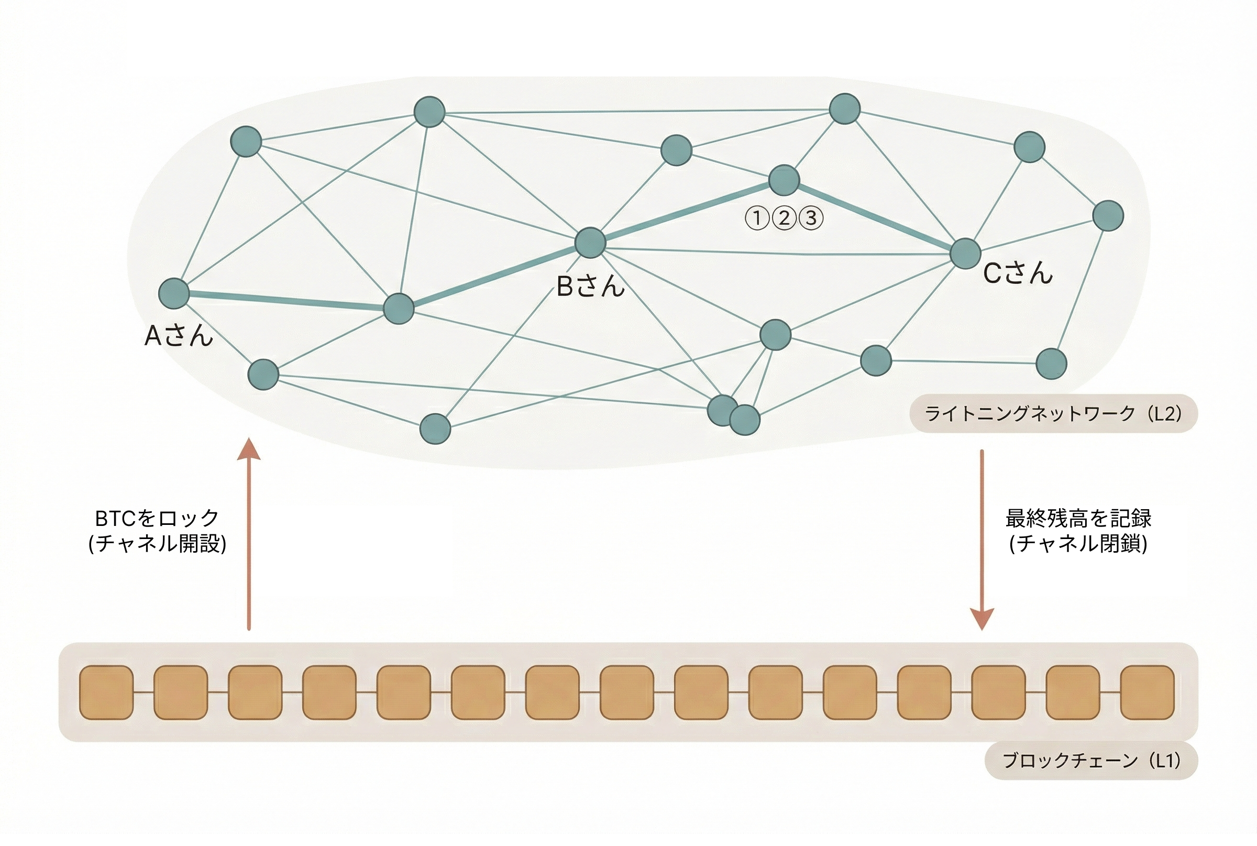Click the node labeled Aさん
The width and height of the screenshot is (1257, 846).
tap(174, 293)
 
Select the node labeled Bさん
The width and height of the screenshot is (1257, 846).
tap(590, 243)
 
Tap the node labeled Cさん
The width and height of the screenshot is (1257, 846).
tap(965, 253)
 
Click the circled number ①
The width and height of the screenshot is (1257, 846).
tap(756, 218)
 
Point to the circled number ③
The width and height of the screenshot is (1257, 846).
tap(811, 218)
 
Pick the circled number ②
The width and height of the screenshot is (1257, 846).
tap(784, 218)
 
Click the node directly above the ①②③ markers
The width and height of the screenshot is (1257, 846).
tap(784, 180)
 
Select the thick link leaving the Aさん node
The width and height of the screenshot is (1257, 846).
tap(286, 301)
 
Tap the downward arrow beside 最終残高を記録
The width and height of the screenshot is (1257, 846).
tap(982, 540)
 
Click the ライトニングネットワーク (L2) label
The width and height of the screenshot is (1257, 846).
tap(1053, 414)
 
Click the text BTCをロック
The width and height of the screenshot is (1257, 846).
tap(157, 519)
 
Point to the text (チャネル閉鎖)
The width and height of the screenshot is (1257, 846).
tap(1078, 543)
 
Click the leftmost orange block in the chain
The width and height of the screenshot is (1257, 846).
tap(106, 692)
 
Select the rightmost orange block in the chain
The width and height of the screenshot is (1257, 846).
tap(1147, 692)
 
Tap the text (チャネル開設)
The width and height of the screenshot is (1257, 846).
tap(157, 543)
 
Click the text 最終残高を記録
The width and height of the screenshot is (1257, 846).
tap(1078, 519)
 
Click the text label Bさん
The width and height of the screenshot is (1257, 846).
tap(590, 286)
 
